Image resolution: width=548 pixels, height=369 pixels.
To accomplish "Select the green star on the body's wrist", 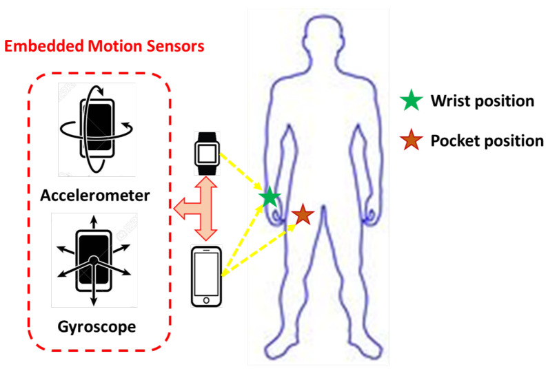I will point(270,198).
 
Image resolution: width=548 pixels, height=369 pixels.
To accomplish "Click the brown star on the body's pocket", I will point(303,215).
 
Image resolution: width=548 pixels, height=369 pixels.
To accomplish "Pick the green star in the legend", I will point(412,101).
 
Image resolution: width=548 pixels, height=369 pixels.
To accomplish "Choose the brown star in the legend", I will point(412,141).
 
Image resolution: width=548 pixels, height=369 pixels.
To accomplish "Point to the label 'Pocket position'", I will point(487,141).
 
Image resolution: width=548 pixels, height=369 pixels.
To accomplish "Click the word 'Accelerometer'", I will point(96,195).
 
